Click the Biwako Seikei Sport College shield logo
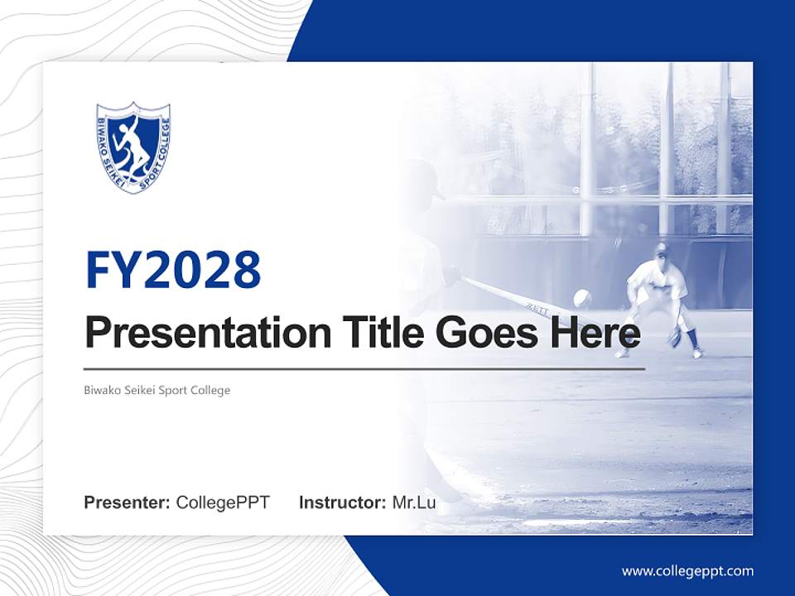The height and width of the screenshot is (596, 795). click(133, 147)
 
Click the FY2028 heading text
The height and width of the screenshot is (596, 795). click(173, 269)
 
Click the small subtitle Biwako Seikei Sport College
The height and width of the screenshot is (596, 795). click(157, 390)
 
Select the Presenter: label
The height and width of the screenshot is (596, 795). click(128, 502)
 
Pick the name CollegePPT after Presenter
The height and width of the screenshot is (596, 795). click(223, 502)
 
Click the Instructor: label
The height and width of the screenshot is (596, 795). click(342, 502)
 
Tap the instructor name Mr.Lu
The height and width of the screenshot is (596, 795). click(414, 502)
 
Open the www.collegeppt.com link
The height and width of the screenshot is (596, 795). click(687, 571)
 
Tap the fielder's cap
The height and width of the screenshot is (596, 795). click(660, 248)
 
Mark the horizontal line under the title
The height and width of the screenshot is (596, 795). click(364, 368)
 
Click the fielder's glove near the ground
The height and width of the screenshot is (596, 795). click(677, 338)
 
